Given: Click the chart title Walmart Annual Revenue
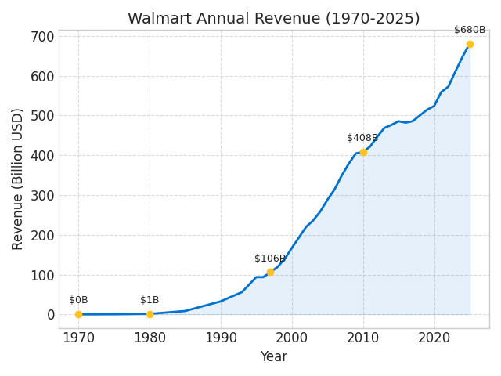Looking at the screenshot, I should click(273, 19).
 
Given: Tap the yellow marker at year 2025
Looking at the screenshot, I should click(470, 44).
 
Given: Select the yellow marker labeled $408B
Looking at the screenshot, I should click(363, 152).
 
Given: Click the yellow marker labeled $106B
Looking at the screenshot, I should click(270, 273).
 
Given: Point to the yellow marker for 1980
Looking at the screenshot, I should click(150, 314).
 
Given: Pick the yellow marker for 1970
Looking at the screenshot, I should click(78, 314).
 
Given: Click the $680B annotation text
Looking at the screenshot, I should click(470, 31).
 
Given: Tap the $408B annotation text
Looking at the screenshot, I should click(362, 139).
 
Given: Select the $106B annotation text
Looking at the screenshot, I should click(270, 259).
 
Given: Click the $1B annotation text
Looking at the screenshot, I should click(150, 301).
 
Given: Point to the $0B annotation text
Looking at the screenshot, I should click(78, 301).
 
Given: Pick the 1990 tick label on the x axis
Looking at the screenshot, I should click(221, 338).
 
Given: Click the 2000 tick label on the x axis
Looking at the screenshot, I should click(292, 338).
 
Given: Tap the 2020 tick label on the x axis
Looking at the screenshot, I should click(434, 338).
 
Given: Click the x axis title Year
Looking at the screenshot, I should click(273, 357).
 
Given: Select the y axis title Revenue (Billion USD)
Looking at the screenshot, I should click(18, 179).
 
